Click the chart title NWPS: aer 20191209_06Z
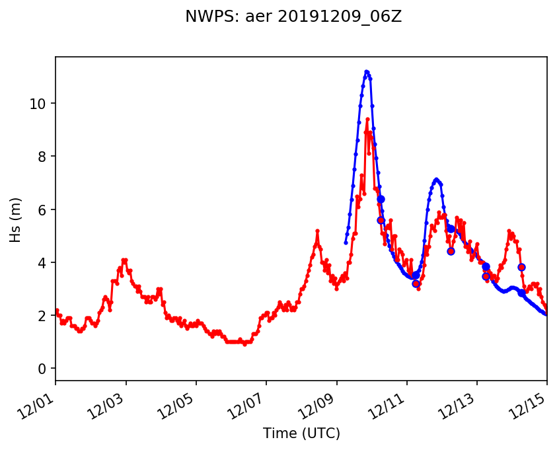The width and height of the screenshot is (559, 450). (x=293, y=17)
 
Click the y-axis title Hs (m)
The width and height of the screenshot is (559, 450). (x=15, y=219)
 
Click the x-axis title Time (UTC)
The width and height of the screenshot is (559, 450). (x=301, y=433)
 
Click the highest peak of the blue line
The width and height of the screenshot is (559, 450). (x=366, y=71)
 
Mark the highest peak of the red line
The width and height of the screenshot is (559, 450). (x=367, y=119)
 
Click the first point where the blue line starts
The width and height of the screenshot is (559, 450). (x=346, y=243)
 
